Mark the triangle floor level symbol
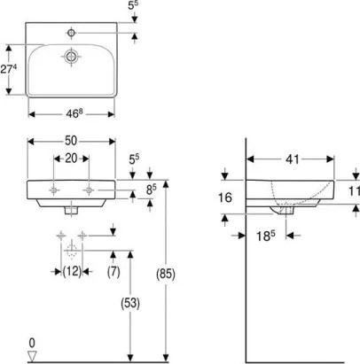(31, 355)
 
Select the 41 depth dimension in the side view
(290, 160)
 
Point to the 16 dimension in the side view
(225, 198)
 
